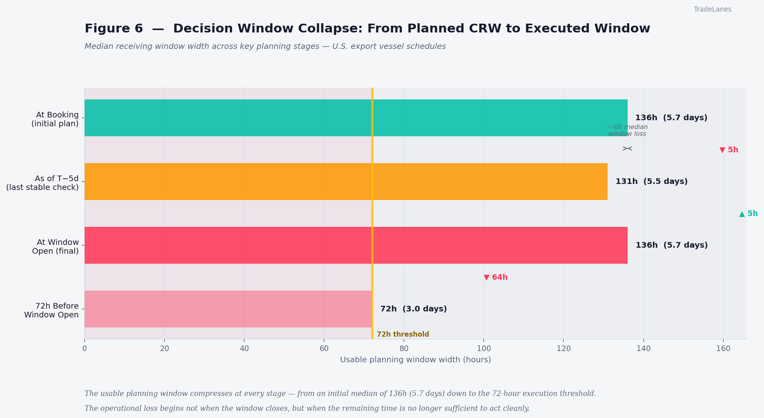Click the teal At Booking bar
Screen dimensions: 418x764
tap(356, 118)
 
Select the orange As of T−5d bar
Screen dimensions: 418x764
tap(346, 182)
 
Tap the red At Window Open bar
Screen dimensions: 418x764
tap(356, 245)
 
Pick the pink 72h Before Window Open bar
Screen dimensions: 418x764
tap(228, 309)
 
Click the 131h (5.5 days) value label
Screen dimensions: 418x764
tap(651, 182)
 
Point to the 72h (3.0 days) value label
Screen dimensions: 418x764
tap(413, 309)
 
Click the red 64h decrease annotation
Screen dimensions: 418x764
tap(496, 277)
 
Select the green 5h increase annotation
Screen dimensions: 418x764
tap(748, 214)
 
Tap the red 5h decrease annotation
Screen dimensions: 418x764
tap(729, 150)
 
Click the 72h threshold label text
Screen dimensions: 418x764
tap(403, 334)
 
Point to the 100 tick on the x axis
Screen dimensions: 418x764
tap(484, 349)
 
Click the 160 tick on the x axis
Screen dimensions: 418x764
tap(723, 349)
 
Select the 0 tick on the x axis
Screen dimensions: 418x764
tap(85, 349)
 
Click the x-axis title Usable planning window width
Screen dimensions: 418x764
tap(415, 360)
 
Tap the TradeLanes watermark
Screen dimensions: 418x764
tap(712, 9)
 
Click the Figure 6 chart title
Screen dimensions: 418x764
tap(367, 29)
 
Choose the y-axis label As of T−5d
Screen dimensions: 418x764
tap(43, 183)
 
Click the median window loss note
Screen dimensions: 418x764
tap(627, 131)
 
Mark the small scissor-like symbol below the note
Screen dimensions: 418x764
tap(627, 148)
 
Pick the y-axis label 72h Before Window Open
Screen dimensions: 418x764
tap(51, 311)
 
